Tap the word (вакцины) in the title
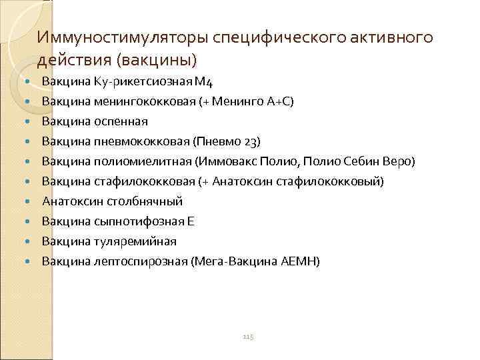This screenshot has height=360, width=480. pyautogui.click(x=157, y=60)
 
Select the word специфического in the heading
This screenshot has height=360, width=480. pyautogui.click(x=283, y=37)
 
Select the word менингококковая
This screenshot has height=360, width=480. pyautogui.click(x=138, y=102)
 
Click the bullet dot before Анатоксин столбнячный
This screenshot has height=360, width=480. pyautogui.click(x=27, y=201)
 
